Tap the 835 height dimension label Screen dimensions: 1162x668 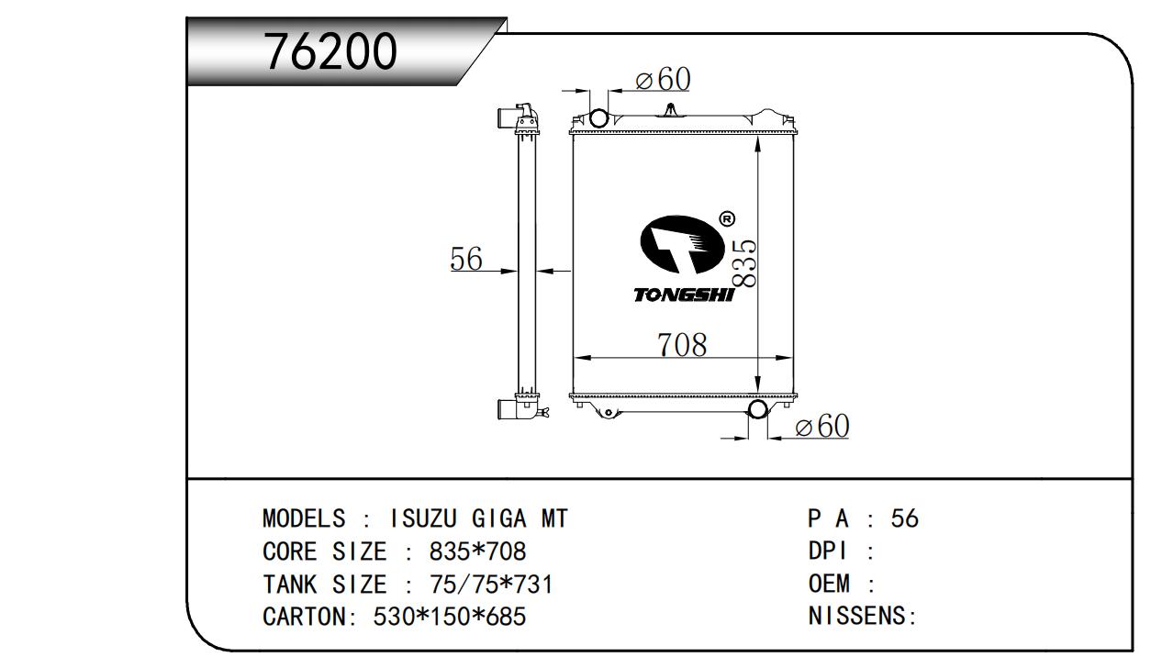coord(744,263)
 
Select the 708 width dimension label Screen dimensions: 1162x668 coord(682,345)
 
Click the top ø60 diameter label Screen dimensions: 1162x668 coord(663,79)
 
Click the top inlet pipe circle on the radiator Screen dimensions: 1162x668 coord(598,117)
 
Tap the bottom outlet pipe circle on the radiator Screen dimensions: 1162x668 coord(757,410)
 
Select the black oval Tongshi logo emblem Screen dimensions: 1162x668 coord(682,244)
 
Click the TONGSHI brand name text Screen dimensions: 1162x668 coord(684,295)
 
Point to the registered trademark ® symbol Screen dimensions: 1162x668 coord(727,219)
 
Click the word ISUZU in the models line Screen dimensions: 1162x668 coord(423,518)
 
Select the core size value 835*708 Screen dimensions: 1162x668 coord(477,551)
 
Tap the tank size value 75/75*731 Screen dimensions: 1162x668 coord(491,584)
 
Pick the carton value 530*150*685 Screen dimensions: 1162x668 coord(449,617)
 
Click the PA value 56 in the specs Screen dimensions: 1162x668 coord(905,518)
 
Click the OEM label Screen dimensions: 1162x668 coord(829,584)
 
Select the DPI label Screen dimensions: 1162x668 coord(827,551)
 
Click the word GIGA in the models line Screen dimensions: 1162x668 coord(498,518)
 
